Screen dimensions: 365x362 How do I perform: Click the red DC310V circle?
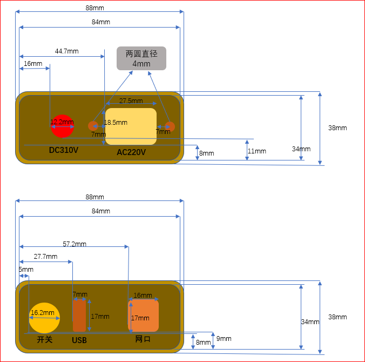pyautogui.click(x=62, y=126)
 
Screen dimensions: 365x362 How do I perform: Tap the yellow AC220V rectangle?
pyautogui.click(x=131, y=126)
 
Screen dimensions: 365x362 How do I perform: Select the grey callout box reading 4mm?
pyautogui.click(x=141, y=58)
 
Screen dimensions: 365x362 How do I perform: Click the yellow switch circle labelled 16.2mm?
pyautogui.click(x=44, y=318)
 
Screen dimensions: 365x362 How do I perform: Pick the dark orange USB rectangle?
pyautogui.click(x=79, y=316)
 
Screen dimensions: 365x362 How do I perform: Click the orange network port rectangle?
pyautogui.click(x=143, y=316)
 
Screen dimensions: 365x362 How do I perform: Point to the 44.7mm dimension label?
pyautogui.click(x=66, y=51)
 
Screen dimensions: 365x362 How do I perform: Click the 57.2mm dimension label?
pyautogui.click(x=75, y=244)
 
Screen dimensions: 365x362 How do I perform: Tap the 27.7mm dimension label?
pyautogui.click(x=45, y=257)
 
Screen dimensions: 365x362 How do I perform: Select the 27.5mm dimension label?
pyautogui.click(x=131, y=100)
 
